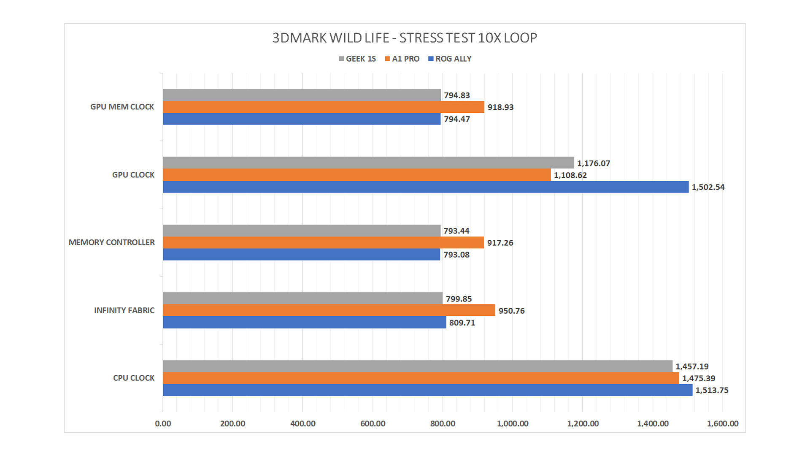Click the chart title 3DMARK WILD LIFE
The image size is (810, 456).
pos(404,38)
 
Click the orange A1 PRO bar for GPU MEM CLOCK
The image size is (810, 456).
pos(323,107)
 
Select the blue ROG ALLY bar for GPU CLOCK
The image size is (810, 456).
pos(425,187)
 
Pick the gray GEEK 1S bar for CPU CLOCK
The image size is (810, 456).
pos(417,366)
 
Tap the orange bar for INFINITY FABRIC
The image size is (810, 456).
pos(329,310)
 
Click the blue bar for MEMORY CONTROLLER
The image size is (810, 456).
pos(301,255)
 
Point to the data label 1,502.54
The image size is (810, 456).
pos(708,187)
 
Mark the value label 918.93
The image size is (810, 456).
pos(500,107)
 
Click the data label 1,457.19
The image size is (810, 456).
pos(692,366)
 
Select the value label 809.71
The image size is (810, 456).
pos(462,323)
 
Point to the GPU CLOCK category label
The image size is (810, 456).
pos(133,175)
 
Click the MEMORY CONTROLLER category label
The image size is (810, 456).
pos(111,242)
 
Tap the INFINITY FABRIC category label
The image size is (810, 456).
pos(124,310)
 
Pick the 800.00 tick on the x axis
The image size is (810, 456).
pos(443,423)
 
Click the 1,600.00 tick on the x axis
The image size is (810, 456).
pos(722,423)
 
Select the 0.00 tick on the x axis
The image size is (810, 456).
pos(163,423)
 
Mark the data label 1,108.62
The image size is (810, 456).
pos(570,175)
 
